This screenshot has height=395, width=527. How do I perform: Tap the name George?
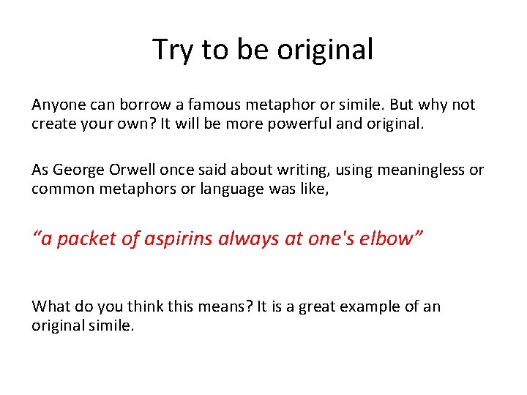coord(81,170)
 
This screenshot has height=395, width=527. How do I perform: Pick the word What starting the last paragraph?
coord(51,306)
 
